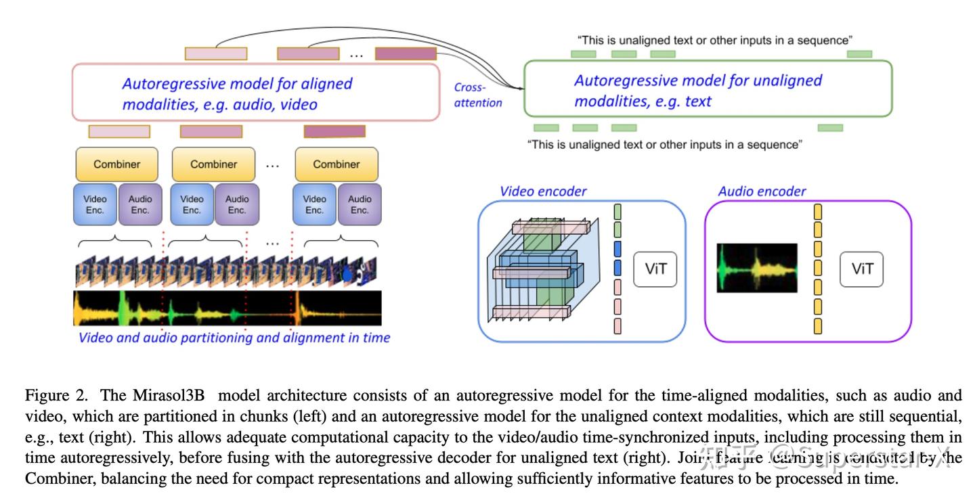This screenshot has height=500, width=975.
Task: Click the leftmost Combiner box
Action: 117,164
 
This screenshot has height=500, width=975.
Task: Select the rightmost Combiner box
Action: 337,164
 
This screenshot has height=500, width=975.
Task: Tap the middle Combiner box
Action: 213,164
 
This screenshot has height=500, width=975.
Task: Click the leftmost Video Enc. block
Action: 95,204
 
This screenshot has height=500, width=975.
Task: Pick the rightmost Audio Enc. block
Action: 360,204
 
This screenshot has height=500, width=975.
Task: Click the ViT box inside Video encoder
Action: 655,269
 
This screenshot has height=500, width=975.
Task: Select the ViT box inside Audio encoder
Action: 861,269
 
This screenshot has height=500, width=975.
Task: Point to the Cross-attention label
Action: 477,95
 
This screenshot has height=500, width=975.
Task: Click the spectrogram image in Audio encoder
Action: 757,268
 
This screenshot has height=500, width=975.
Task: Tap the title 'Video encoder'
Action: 543,191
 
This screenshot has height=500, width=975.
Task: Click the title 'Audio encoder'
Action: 762,191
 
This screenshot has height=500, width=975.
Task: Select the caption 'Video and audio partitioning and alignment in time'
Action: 234,337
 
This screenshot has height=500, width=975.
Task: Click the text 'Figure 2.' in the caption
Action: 49,395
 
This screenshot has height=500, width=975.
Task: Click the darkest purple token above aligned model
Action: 406,53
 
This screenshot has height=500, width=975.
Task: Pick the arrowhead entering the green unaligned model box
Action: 521,88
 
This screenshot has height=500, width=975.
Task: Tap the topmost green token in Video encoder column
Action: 617,211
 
